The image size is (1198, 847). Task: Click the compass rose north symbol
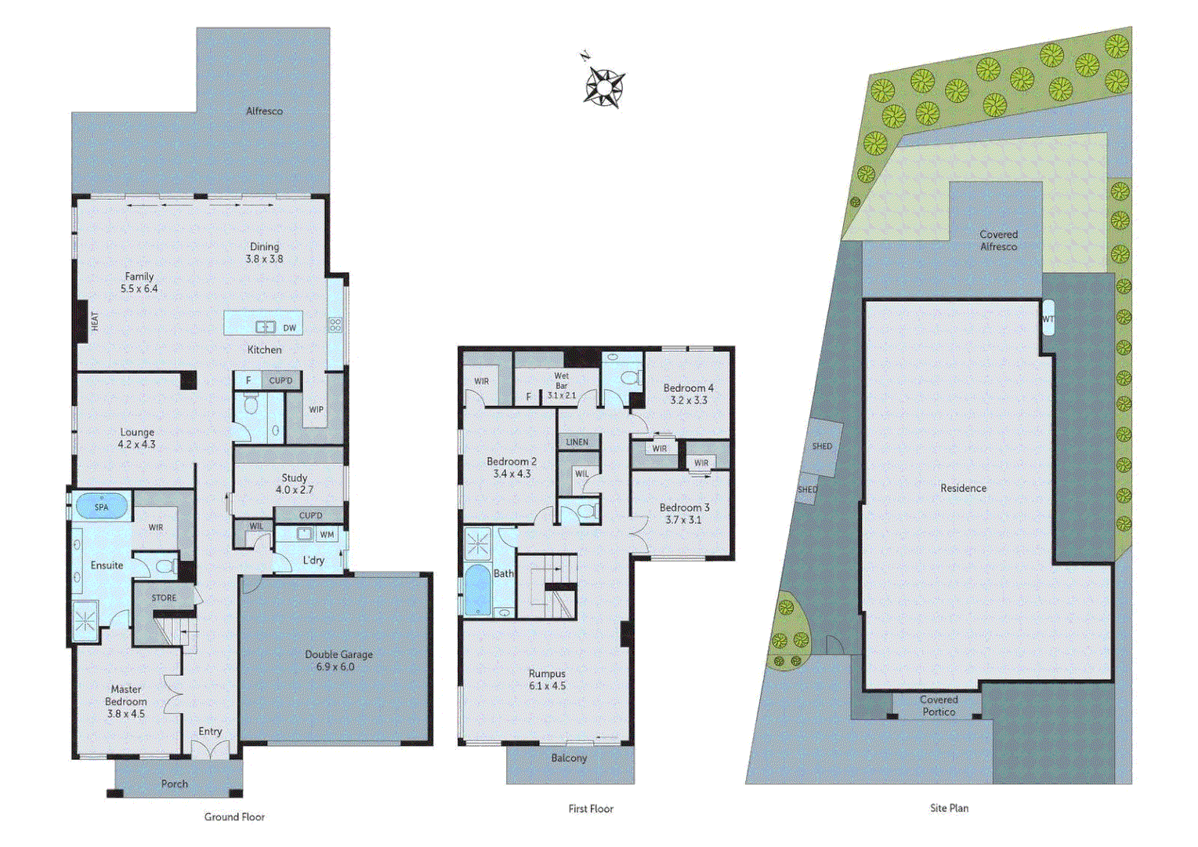click(x=604, y=84)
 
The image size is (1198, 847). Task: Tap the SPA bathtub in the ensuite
click(x=102, y=507)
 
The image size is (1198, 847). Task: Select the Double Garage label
click(x=338, y=654)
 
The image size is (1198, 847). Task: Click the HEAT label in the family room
click(x=95, y=321)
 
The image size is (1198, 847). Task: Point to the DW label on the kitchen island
click(x=290, y=328)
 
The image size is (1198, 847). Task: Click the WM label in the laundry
click(x=328, y=535)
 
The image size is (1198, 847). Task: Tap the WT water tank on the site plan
click(x=1048, y=319)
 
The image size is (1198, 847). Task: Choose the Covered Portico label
click(x=939, y=706)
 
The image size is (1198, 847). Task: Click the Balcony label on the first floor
click(x=569, y=758)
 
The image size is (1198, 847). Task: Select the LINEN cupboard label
click(x=577, y=442)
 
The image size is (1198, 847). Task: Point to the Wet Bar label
click(x=562, y=380)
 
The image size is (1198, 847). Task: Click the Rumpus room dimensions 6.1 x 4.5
click(x=547, y=686)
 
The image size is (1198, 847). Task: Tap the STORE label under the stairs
click(x=164, y=598)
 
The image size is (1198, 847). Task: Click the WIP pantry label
click(x=316, y=409)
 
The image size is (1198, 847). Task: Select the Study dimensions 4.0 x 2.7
click(x=295, y=490)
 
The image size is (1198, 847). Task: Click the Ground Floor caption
click(x=234, y=817)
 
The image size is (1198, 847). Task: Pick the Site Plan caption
click(x=949, y=808)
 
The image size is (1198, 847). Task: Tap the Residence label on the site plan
click(x=963, y=488)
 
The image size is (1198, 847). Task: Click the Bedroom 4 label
click(x=688, y=387)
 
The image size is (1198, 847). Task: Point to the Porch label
click(x=175, y=783)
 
